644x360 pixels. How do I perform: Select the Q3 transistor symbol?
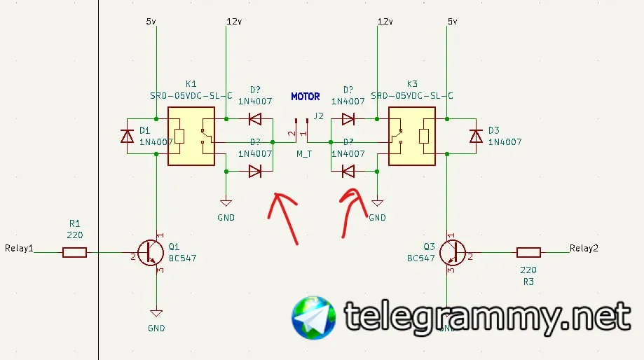tap(453, 252)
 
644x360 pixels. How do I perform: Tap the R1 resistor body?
tap(74, 252)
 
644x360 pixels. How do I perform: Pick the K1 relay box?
tap(191, 136)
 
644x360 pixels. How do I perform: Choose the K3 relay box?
tap(411, 136)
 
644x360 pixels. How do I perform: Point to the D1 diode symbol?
tap(127, 136)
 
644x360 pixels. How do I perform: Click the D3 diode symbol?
tap(477, 136)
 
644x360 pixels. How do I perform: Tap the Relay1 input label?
tap(19, 248)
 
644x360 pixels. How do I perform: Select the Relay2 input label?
tap(584, 248)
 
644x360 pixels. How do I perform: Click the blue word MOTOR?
tap(305, 97)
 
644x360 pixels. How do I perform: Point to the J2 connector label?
tap(319, 116)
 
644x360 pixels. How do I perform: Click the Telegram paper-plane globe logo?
tap(313, 318)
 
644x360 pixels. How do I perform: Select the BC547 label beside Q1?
tap(182, 258)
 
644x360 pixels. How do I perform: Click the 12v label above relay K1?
tap(233, 22)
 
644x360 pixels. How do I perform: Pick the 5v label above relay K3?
tap(452, 22)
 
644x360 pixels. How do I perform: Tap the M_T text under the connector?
tap(304, 153)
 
